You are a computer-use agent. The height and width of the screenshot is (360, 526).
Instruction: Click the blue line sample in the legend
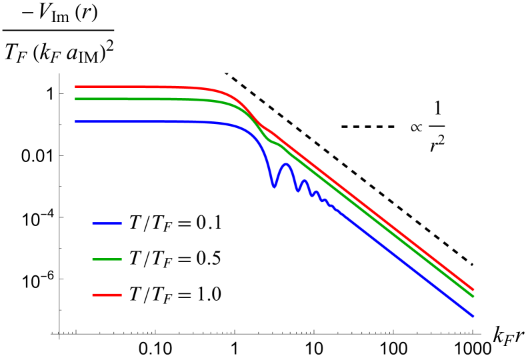[x=107, y=223]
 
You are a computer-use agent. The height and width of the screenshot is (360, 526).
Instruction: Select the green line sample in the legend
[x=107, y=259]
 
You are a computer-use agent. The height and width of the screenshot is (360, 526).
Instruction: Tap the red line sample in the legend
[x=107, y=295]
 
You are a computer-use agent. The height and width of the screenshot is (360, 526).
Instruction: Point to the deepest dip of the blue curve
[x=273, y=187]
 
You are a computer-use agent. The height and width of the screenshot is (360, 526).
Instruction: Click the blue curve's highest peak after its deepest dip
[x=287, y=163]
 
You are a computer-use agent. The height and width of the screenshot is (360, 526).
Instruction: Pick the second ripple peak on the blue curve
[x=305, y=181]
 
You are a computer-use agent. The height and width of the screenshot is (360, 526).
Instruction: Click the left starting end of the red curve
[x=75, y=87]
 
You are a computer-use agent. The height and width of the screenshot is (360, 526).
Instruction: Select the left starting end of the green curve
[x=75, y=99]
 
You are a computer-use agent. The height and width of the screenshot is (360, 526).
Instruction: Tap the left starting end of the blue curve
[x=75, y=121]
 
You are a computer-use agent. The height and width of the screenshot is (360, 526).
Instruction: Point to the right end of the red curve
[x=473, y=289]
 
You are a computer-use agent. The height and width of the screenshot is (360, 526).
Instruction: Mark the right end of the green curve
[x=473, y=296]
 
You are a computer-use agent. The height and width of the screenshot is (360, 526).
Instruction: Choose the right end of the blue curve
[x=473, y=316]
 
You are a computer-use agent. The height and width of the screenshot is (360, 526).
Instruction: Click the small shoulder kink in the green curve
[x=269, y=140]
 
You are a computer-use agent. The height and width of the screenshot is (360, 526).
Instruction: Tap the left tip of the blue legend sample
[x=93, y=223]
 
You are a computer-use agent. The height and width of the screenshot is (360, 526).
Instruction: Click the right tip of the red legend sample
[x=121, y=295]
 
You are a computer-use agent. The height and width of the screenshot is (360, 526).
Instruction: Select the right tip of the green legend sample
[x=121, y=259]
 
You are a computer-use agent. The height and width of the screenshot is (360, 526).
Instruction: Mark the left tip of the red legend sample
[x=93, y=295]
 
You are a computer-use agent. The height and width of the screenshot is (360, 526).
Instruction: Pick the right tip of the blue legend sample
[x=121, y=223]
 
